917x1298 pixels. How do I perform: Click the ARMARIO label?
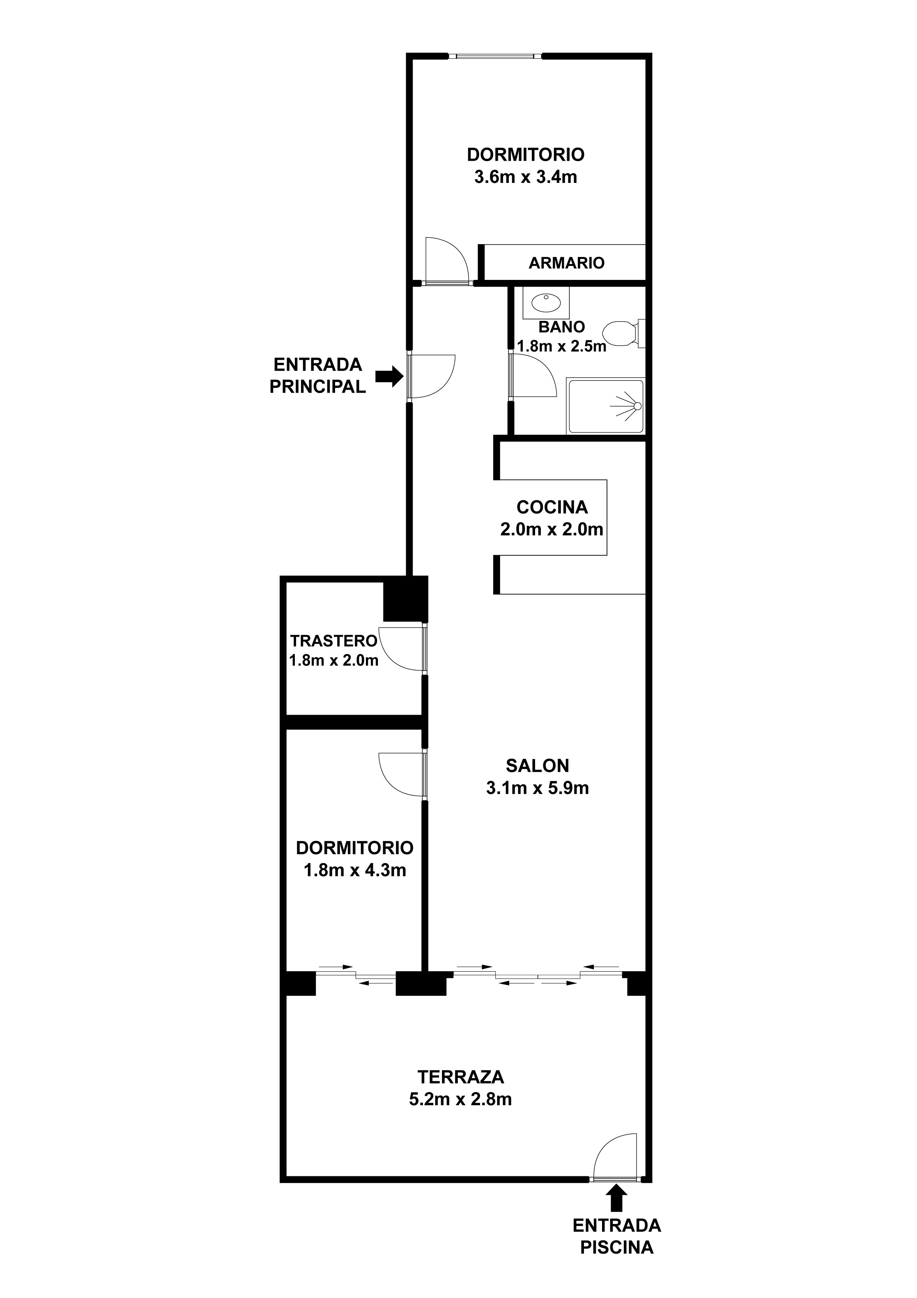[x=566, y=263]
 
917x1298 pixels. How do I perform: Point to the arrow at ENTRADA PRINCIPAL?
[x=389, y=375]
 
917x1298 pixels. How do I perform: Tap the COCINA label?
[x=552, y=507]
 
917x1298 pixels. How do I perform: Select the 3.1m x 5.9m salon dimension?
[x=537, y=788]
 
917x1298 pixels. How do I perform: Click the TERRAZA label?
[x=460, y=1077]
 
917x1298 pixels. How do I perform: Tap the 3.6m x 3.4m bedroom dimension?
[x=526, y=177]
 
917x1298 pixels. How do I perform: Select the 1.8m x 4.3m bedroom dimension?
[x=355, y=870]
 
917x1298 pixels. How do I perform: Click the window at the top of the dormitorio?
[x=495, y=56]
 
